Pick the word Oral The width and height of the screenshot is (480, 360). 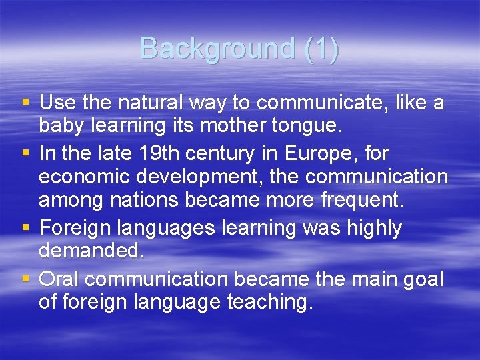pos(60,278)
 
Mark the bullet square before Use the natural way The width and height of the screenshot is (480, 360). pos(26,103)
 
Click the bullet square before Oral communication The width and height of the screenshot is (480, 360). pos(26,279)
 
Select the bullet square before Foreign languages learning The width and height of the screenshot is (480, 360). pos(26,229)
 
